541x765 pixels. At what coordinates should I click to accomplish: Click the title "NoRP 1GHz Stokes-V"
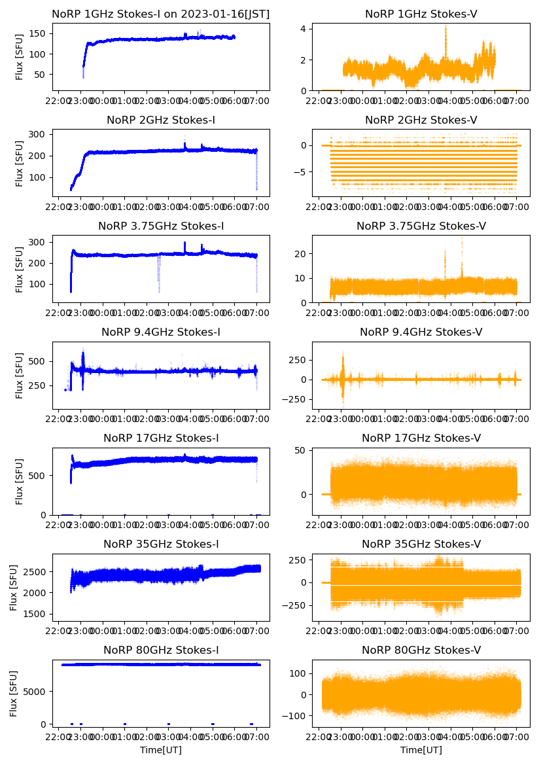coord(421,14)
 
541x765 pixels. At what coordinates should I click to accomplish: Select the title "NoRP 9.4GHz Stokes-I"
coord(160,332)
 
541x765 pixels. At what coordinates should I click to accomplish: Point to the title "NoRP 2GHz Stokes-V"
coord(421,120)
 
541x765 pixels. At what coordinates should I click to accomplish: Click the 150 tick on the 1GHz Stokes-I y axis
coord(39,33)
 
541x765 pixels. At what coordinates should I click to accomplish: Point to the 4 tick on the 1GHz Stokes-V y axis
coord(305,29)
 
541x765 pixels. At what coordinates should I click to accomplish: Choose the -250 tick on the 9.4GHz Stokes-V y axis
coord(296,400)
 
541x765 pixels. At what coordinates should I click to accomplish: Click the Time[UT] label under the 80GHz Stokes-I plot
coord(160,750)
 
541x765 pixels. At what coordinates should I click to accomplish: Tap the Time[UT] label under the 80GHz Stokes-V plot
coord(421,750)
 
